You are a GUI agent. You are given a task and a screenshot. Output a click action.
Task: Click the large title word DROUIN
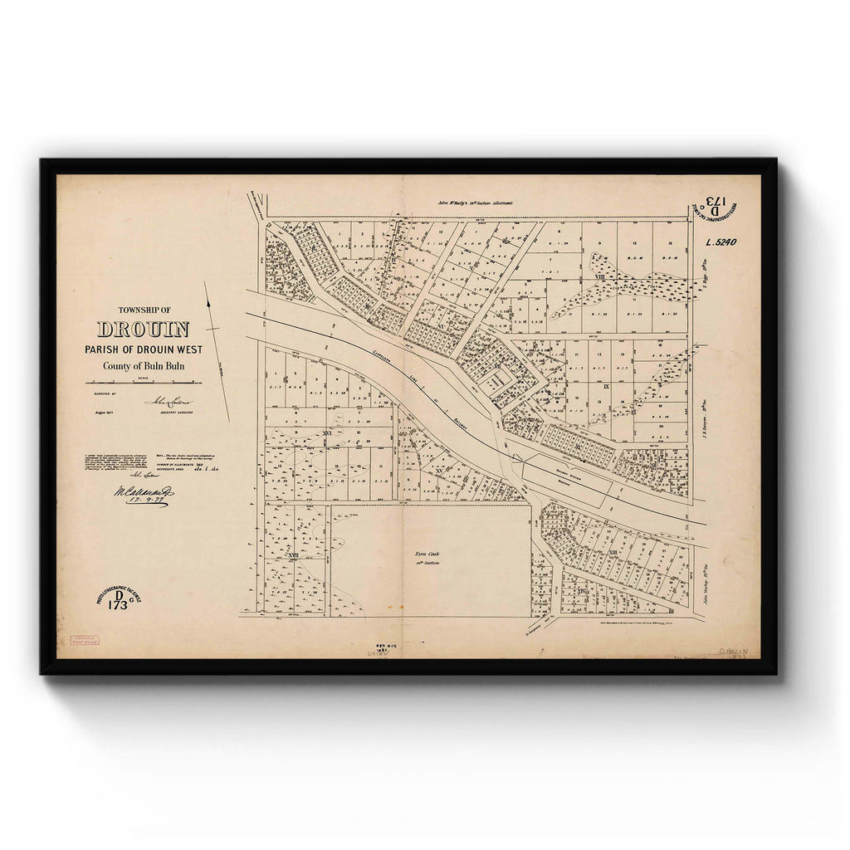click(x=143, y=330)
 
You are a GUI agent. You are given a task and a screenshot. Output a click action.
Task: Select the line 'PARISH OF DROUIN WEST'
click(x=143, y=349)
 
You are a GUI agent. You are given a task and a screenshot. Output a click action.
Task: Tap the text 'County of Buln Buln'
click(x=143, y=366)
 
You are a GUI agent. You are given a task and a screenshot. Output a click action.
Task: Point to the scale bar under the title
click(x=143, y=383)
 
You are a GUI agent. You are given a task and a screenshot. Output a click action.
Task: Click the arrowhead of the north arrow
click(x=206, y=284)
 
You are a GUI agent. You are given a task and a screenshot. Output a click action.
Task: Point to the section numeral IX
click(x=606, y=387)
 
